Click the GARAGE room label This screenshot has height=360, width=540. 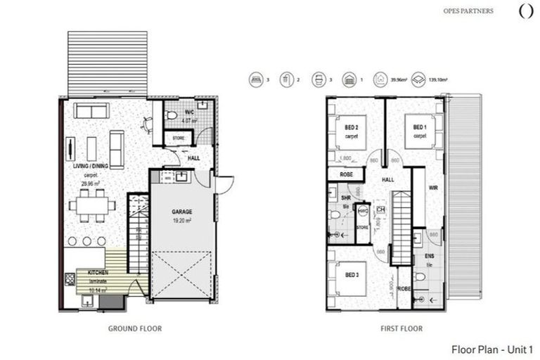[182, 211]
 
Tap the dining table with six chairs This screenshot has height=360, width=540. [92, 205]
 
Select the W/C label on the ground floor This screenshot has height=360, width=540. [190, 112]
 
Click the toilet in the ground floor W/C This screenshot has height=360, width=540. [171, 115]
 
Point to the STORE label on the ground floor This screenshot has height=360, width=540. [179, 138]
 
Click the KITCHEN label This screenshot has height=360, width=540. [97, 271]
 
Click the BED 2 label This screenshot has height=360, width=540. [352, 127]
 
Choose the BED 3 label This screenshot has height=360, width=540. [352, 274]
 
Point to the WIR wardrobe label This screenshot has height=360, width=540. [433, 188]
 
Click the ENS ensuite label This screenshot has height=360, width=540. [428, 256]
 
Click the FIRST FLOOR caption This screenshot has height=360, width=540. [402, 328]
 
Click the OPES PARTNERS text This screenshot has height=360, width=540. [469, 11]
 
